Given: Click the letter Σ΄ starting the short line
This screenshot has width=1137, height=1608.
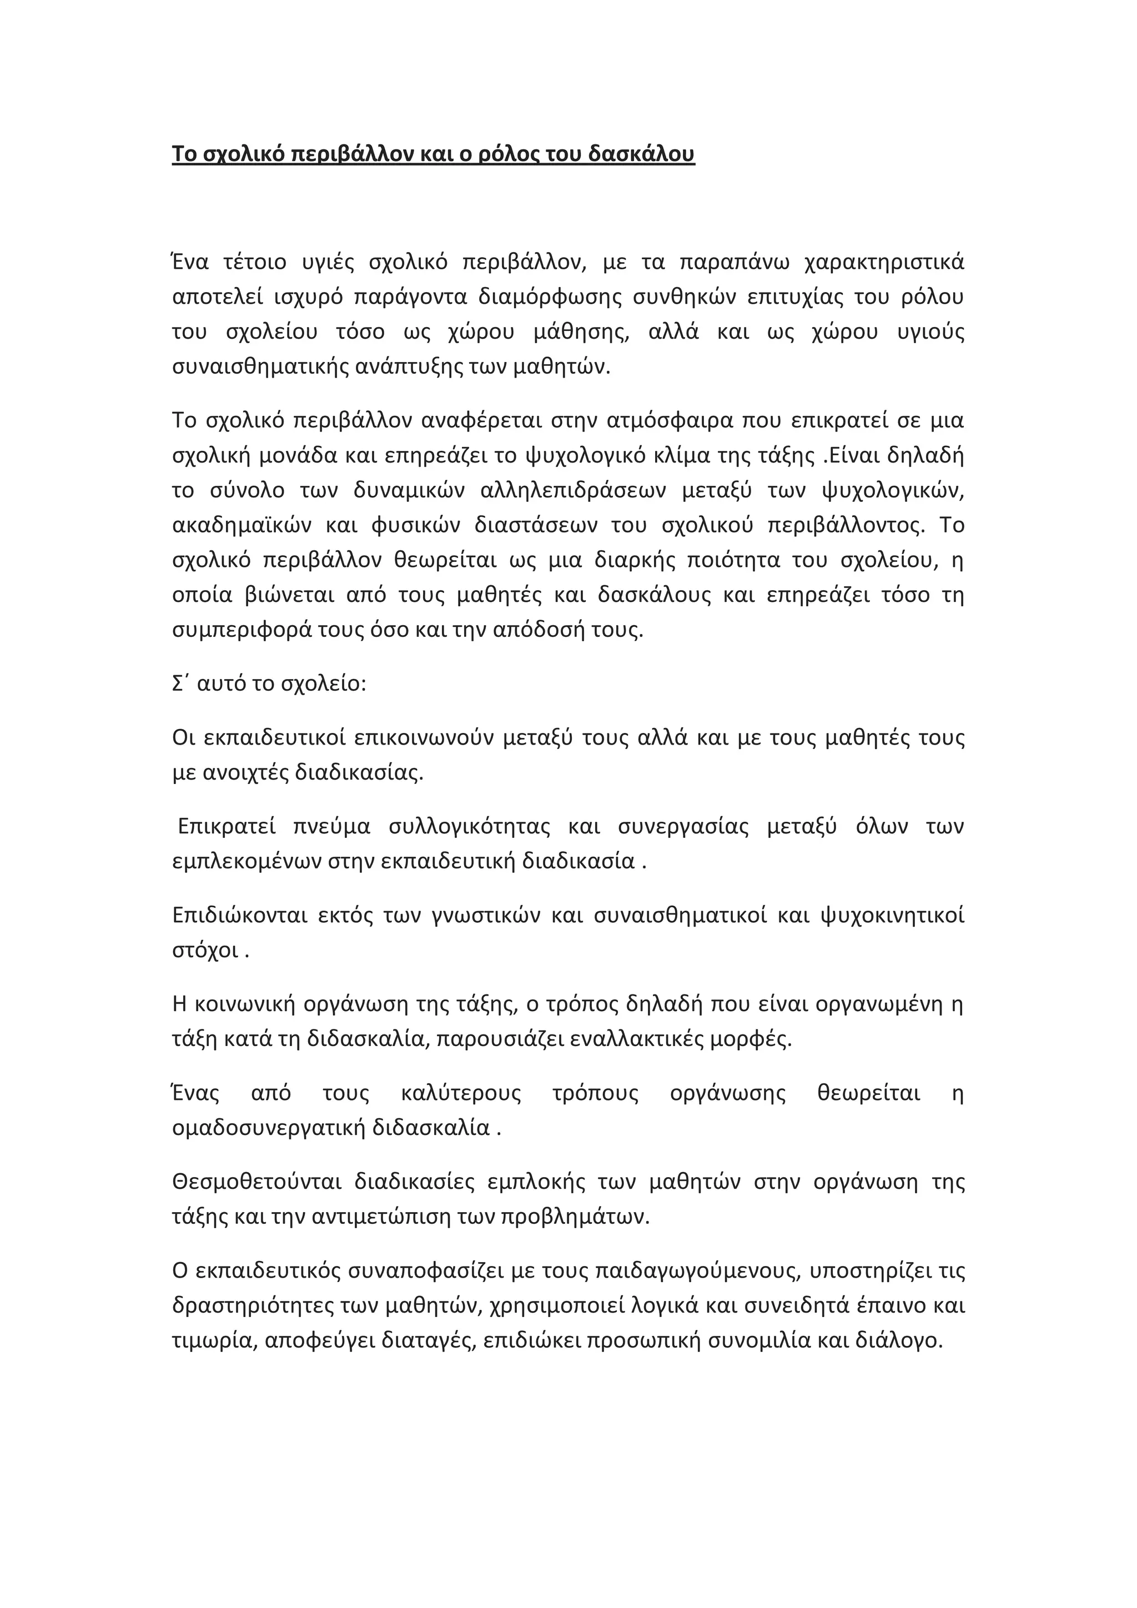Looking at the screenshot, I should click(x=178, y=684).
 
